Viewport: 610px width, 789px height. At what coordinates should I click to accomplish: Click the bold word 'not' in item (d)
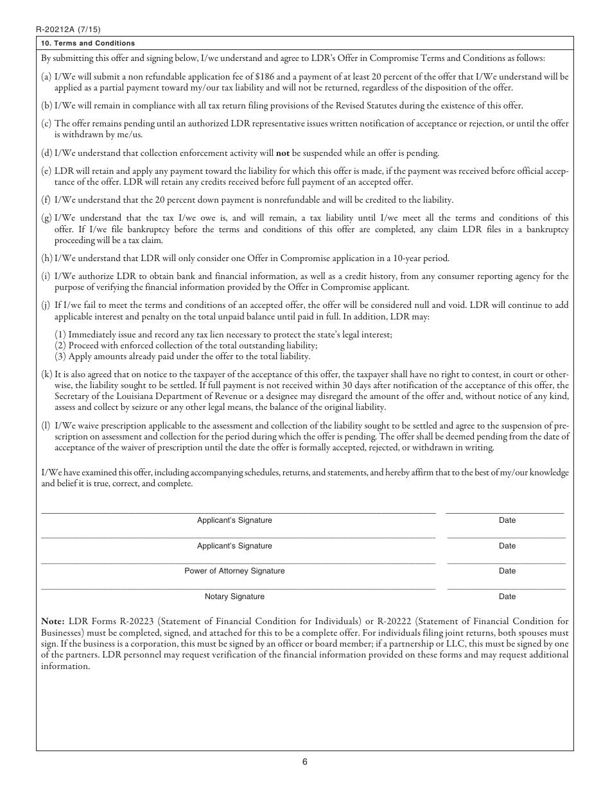283,153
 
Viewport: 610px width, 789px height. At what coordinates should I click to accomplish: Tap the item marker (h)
47,259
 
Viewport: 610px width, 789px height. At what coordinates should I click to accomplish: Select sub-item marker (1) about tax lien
61,335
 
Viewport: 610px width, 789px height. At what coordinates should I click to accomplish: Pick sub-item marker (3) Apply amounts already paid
61,356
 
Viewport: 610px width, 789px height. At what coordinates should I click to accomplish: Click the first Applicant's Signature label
234,520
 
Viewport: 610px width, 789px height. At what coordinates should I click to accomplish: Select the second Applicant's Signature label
234,546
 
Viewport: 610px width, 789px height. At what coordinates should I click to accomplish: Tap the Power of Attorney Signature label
234,571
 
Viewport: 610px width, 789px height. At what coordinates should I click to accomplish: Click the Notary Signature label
234,597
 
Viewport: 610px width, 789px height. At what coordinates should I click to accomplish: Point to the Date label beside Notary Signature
507,597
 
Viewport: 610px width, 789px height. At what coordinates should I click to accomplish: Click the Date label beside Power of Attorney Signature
507,571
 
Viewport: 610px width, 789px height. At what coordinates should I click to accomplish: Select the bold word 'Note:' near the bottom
53,621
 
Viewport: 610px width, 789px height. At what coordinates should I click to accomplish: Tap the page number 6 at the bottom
305,762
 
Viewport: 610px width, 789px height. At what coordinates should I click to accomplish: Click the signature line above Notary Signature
238,589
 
